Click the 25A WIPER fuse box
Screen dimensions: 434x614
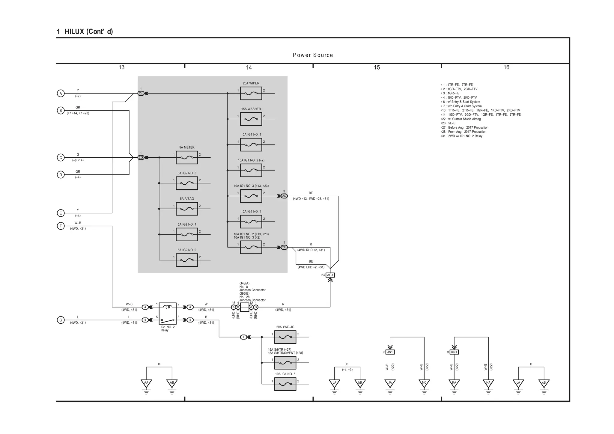251,94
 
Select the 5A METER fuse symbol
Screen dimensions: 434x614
187,158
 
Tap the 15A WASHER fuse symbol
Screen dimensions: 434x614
251,119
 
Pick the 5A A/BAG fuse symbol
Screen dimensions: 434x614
187,209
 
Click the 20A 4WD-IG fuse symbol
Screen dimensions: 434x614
285,337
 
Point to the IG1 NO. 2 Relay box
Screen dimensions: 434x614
168,314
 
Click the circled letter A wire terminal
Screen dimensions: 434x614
61,94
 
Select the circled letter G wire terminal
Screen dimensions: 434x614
61,320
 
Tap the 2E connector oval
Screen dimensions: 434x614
141,94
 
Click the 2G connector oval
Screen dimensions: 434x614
141,158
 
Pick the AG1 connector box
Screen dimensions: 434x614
330,275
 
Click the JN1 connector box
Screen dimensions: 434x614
390,352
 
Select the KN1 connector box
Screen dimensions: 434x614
454,352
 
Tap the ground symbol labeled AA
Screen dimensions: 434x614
146,383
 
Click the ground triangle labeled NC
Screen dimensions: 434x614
424,383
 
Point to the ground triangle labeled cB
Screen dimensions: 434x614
544,383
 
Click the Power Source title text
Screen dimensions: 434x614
313,55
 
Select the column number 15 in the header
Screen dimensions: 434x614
377,67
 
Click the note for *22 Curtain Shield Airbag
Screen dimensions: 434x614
462,119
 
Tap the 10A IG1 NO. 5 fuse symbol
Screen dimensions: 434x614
285,384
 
